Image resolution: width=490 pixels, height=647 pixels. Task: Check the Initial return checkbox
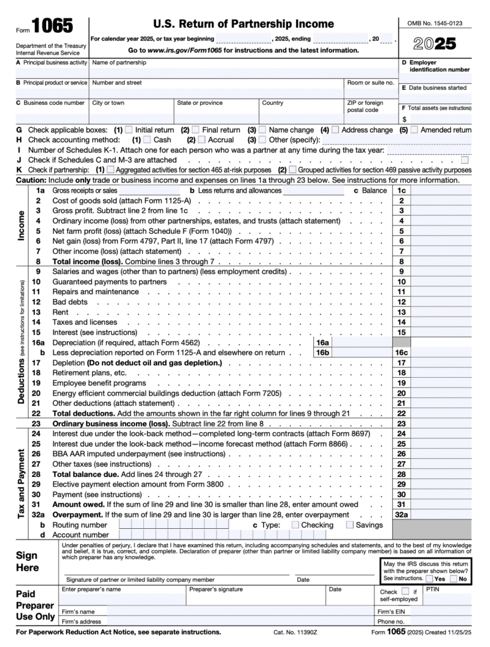(x=129, y=130)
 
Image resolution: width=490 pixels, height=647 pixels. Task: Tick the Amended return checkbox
(x=414, y=130)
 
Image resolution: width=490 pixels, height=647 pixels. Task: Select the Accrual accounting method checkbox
(x=202, y=140)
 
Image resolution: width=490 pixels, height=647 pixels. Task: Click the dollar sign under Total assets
(x=404, y=118)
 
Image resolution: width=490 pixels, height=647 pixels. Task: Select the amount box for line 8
(x=441, y=261)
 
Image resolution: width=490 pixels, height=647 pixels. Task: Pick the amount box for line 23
(x=441, y=423)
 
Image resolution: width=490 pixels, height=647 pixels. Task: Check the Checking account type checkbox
(x=295, y=524)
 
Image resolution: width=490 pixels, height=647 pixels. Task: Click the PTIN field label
(x=433, y=589)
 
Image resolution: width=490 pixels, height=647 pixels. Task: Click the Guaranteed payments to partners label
(x=109, y=281)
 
